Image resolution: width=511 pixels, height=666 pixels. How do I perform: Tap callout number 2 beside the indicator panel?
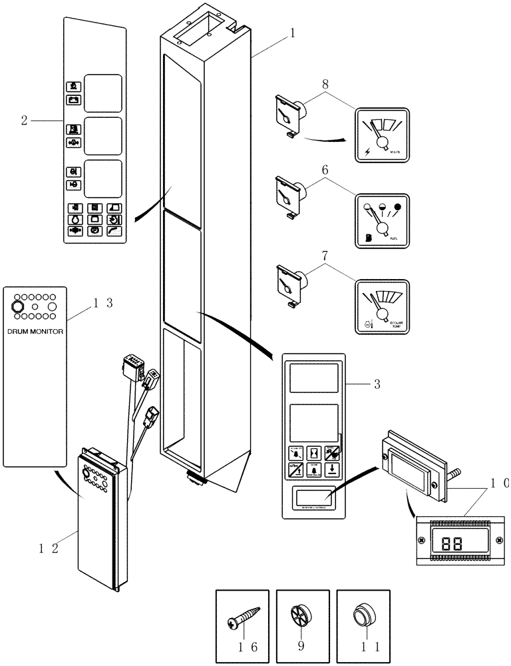click(25, 121)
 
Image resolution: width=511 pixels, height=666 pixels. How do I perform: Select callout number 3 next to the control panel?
click(376, 384)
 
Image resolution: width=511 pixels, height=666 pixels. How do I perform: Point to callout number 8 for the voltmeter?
click(324, 84)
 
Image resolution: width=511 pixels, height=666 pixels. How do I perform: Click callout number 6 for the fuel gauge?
click(324, 170)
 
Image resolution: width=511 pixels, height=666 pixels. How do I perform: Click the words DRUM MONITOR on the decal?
click(35, 330)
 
